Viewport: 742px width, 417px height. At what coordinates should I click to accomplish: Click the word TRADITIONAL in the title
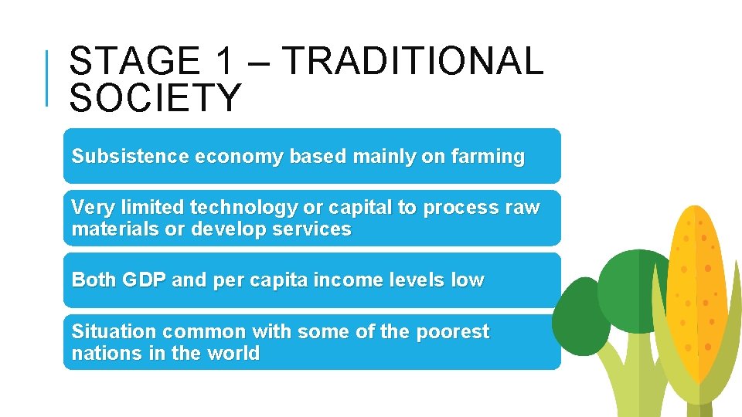coord(414,62)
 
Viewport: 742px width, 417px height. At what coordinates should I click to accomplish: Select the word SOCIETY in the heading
coord(155,98)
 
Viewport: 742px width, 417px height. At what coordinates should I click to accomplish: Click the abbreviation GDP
coord(144,280)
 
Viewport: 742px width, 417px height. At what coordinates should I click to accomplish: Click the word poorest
coord(452,332)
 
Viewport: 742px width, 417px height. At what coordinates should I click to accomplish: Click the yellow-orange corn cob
coord(699,293)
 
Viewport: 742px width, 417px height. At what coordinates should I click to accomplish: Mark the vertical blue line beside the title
coord(48,77)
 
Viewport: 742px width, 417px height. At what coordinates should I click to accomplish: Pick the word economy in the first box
coord(240,157)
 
